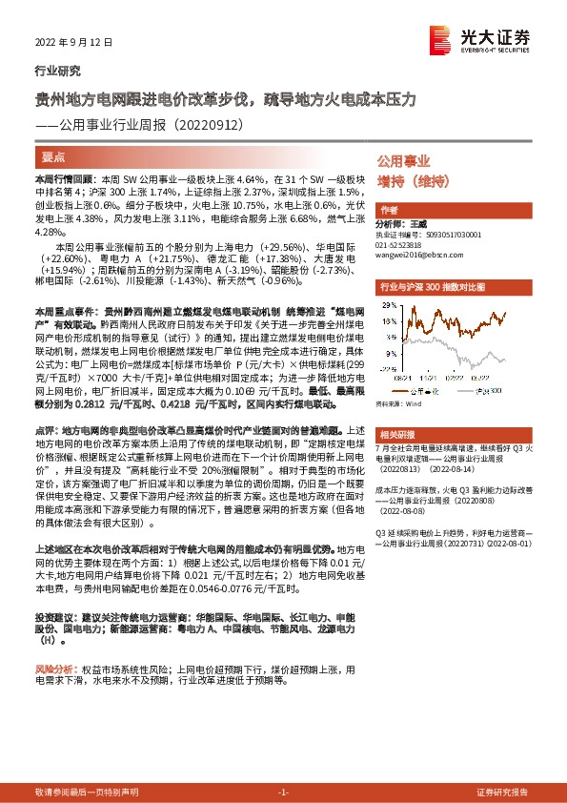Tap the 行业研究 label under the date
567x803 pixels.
[x=57, y=70]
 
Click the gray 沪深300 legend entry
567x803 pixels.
[x=480, y=390]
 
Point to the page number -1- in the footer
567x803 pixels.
[x=283, y=793]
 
